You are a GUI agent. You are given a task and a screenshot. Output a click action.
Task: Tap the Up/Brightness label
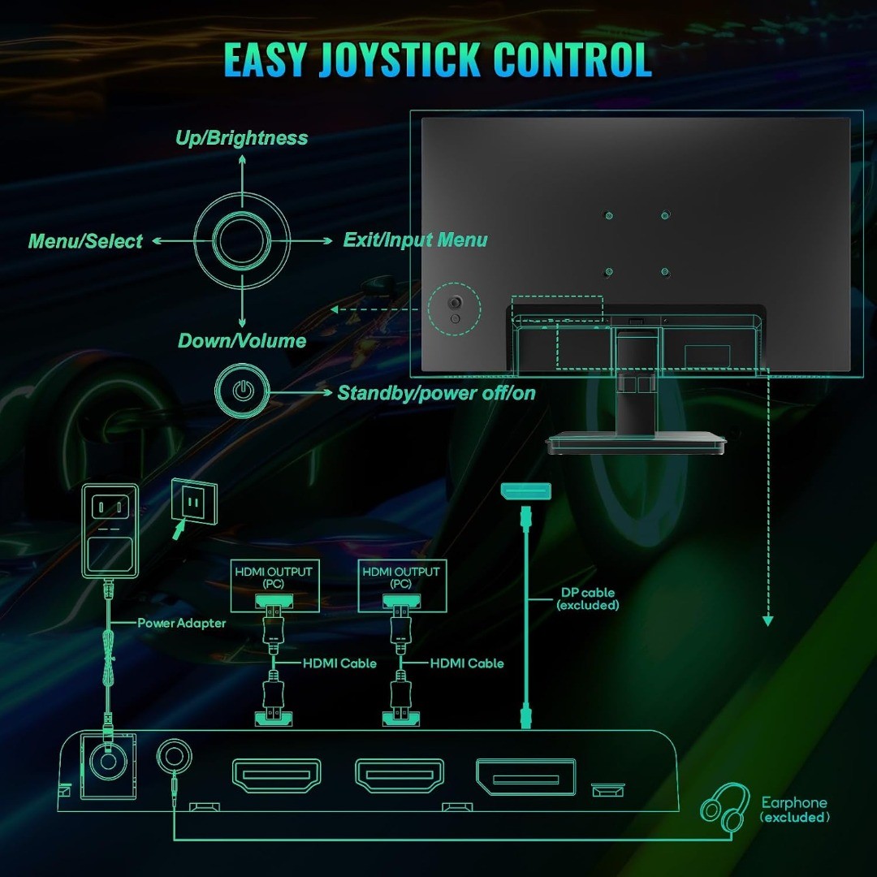[x=242, y=138]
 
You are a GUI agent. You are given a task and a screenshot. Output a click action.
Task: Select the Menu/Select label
[x=85, y=241]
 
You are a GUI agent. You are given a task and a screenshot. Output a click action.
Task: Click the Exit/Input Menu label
[x=415, y=240]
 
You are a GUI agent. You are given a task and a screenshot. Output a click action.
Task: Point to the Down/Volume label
[x=242, y=340]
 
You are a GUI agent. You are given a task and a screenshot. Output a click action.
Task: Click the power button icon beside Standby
[x=242, y=391]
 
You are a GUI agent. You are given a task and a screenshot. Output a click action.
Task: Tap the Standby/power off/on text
[x=436, y=393]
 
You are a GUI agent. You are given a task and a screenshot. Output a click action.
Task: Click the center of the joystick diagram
[x=242, y=241]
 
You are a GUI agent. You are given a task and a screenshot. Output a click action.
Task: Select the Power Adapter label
[x=182, y=623]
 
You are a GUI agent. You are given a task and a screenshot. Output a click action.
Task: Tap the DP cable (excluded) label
[x=588, y=598]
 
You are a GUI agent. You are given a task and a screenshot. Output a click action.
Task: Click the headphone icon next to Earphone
[x=725, y=807]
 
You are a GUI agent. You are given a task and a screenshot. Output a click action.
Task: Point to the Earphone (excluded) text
[x=794, y=810]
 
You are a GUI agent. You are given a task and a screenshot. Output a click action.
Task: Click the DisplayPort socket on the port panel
[x=525, y=777]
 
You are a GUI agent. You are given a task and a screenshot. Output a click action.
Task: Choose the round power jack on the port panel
[x=108, y=761]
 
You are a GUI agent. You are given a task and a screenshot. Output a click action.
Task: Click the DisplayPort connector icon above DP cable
[x=525, y=491]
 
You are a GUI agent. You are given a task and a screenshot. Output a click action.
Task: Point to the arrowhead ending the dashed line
[x=768, y=621]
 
